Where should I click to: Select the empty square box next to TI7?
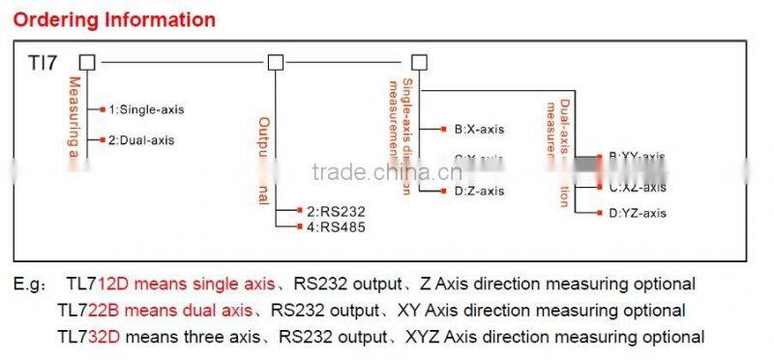coord(88,63)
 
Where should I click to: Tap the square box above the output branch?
coord(275,63)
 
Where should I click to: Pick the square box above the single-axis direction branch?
coord(418,63)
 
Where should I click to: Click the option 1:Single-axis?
coord(145,109)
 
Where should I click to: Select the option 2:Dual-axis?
coord(141,140)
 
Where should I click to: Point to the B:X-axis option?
coord(479,129)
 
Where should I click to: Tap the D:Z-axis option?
coord(479,191)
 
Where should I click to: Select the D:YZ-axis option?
coord(638,213)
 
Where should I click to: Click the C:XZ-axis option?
coord(638,187)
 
